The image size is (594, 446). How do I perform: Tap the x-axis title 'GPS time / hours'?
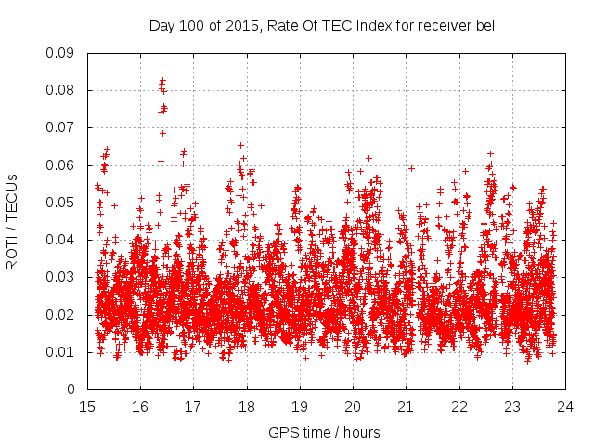pyautogui.click(x=324, y=433)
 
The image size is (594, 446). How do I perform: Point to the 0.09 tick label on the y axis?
pyautogui.click(x=63, y=53)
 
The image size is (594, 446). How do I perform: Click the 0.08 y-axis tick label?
pyautogui.click(x=63, y=90)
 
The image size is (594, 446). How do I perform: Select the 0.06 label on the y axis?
pyautogui.click(x=63, y=165)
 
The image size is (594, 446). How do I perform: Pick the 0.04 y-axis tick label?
pyautogui.click(x=63, y=240)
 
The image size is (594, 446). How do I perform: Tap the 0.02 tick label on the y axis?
pyautogui.click(x=63, y=314)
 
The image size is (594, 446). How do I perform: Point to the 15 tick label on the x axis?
pyautogui.click(x=87, y=407)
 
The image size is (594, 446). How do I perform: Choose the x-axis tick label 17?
pyautogui.click(x=193, y=407)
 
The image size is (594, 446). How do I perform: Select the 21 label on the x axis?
pyautogui.click(x=406, y=407)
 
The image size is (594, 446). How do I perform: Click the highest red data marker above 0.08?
pyautogui.click(x=162, y=81)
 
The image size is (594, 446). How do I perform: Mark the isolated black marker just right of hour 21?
pyautogui.click(x=411, y=168)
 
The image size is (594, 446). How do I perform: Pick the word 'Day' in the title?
pyautogui.click(x=161, y=26)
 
